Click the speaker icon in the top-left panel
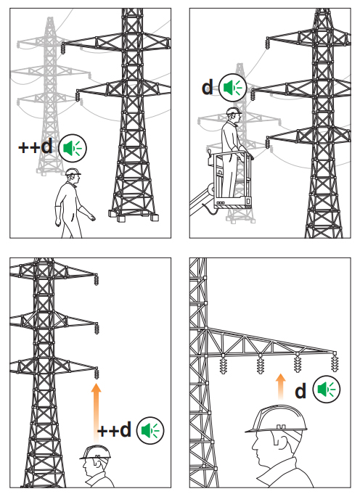tap(73, 148)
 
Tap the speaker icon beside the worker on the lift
tap(233, 88)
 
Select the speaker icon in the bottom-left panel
tap(150, 430)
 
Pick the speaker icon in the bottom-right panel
tap(327, 390)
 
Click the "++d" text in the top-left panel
tap(36, 147)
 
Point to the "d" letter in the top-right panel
tap(208, 87)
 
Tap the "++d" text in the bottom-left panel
tap(114, 429)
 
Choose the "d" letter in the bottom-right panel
tap(300, 391)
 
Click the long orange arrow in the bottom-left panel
tap(96, 413)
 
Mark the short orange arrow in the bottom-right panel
tap(281, 386)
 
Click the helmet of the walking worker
tap(73, 172)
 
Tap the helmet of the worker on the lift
tap(234, 111)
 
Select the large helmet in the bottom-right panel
tap(277, 419)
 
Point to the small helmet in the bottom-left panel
tap(95, 453)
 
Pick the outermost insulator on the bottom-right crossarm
tap(335, 362)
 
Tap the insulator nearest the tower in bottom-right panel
tap(224, 364)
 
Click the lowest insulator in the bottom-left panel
tap(97, 373)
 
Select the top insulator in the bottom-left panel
tap(96, 279)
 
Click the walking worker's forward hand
tap(91, 217)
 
